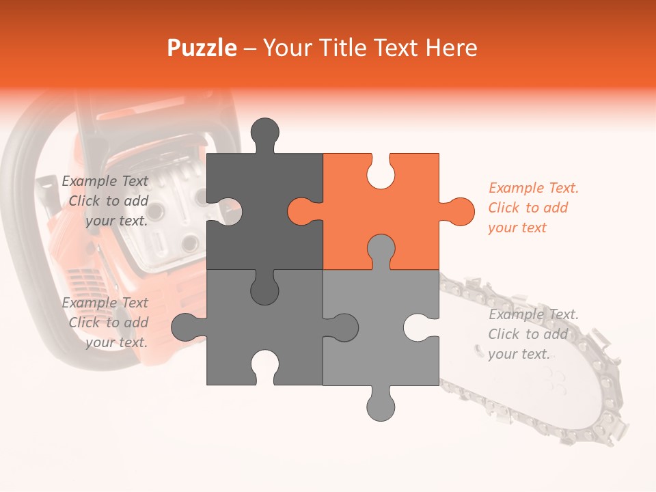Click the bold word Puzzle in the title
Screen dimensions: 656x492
(x=202, y=48)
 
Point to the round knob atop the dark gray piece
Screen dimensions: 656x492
(x=265, y=132)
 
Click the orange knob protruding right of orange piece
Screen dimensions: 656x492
(x=460, y=212)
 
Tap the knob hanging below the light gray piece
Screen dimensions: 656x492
(x=381, y=407)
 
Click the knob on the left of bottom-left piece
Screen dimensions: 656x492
(x=185, y=327)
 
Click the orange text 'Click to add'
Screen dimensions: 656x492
(x=528, y=208)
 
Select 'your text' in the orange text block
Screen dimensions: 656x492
(x=517, y=228)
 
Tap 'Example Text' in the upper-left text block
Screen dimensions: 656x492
(x=105, y=180)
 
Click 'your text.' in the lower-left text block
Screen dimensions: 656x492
(x=117, y=342)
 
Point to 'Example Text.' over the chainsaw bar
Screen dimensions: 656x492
(x=534, y=314)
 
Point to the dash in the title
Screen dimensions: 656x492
(x=250, y=49)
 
